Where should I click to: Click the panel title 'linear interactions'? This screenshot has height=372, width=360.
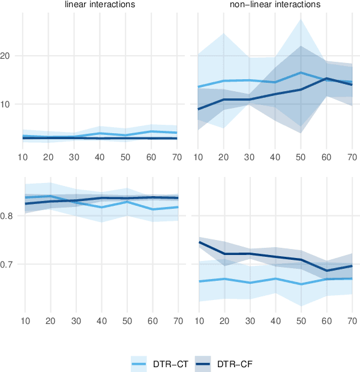(101, 5)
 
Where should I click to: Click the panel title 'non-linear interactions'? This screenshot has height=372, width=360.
(275, 5)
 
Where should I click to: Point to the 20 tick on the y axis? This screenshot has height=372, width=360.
(10, 56)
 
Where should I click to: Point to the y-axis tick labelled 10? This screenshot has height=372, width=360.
(10, 104)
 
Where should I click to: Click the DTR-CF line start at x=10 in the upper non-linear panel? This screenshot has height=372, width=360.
(198, 109)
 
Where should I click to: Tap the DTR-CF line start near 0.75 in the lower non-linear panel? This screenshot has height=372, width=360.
(198, 242)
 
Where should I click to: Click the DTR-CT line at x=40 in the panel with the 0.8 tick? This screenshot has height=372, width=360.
(101, 207)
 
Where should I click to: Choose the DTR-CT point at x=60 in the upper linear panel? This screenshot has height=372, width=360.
(152, 131)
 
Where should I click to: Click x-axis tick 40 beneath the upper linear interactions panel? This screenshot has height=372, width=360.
(101, 157)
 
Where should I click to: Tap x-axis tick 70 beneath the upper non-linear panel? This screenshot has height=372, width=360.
(352, 157)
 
